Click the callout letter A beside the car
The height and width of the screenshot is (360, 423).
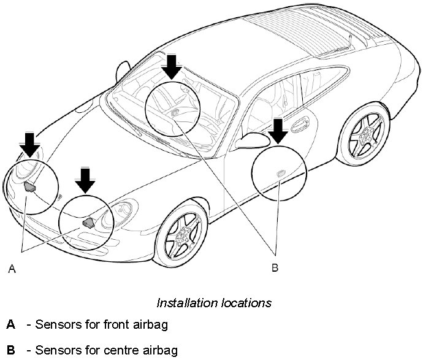click(10, 268)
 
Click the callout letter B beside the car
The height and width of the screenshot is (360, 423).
click(275, 267)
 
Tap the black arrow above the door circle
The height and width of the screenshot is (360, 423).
click(278, 131)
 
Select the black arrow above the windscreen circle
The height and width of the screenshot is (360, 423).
click(172, 66)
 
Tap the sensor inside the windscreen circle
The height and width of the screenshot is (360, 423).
click(176, 111)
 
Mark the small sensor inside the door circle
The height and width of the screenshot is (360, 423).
click(279, 174)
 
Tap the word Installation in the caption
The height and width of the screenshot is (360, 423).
click(182, 303)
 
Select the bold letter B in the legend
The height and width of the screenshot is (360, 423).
click(10, 350)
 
